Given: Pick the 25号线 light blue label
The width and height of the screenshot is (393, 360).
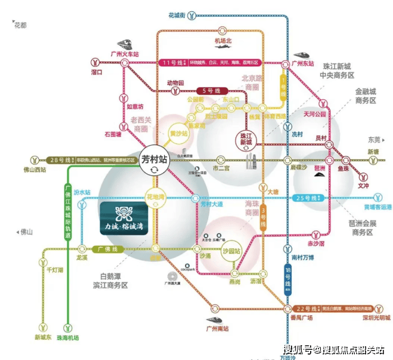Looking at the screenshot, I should click(x=306, y=197).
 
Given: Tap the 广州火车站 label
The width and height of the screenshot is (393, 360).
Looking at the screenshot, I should click(x=124, y=54).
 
